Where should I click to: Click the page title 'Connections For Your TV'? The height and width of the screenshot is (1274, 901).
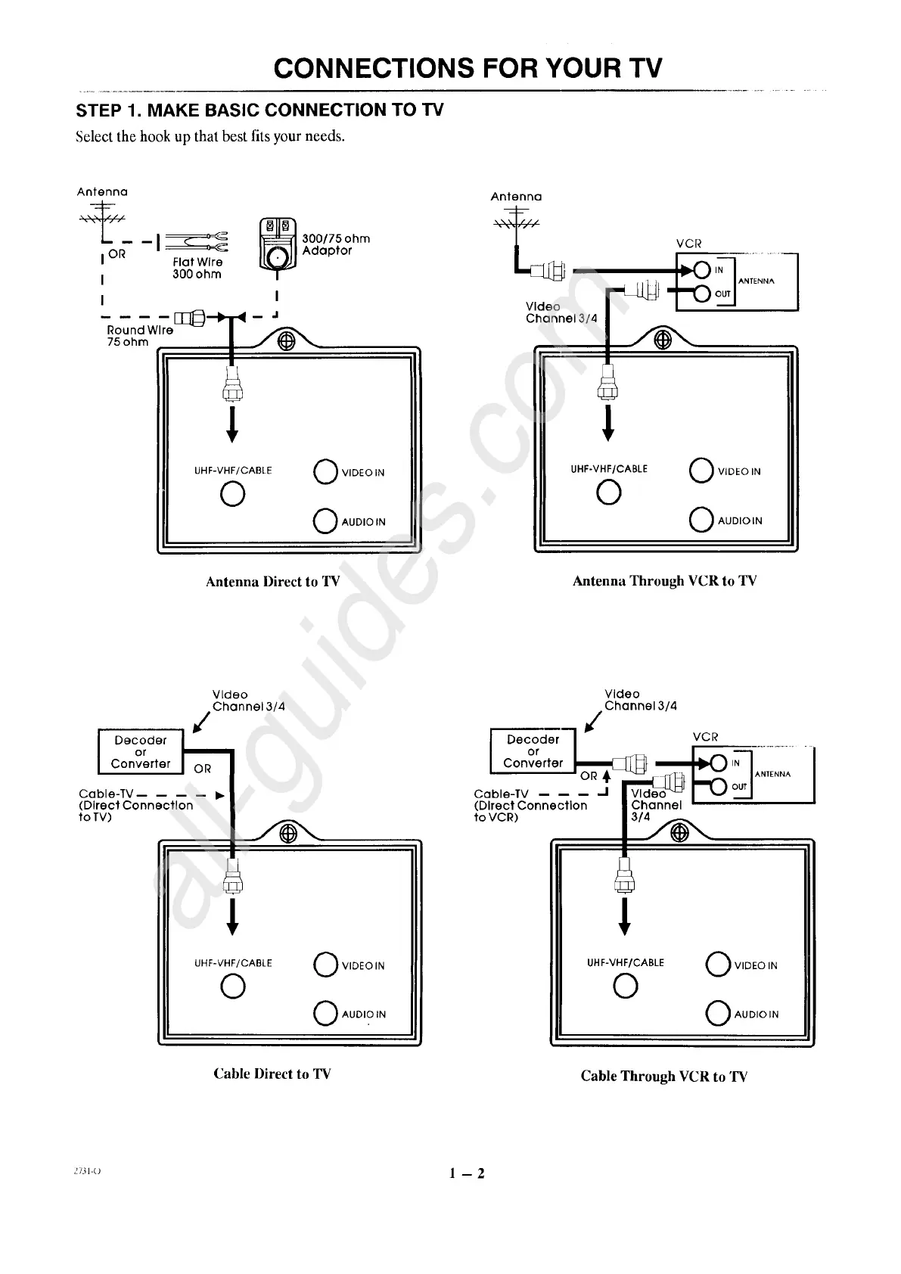pyautogui.click(x=468, y=68)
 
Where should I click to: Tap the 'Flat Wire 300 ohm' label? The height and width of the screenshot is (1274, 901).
pyautogui.click(x=197, y=268)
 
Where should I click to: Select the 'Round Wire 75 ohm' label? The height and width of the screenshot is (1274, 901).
pyautogui.click(x=140, y=336)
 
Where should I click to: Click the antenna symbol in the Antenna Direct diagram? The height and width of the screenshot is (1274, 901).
pyautogui.click(x=102, y=216)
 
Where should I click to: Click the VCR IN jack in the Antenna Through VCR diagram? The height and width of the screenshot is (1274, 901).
pyautogui.click(x=701, y=270)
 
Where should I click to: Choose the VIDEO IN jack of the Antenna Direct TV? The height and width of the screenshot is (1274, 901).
pyautogui.click(x=325, y=471)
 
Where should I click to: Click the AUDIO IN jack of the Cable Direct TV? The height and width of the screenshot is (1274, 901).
pyautogui.click(x=325, y=1013)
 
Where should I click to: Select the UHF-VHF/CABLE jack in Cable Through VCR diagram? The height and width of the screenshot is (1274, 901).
pyautogui.click(x=626, y=986)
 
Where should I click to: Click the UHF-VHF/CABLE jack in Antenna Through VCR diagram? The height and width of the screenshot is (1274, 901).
pyautogui.click(x=609, y=493)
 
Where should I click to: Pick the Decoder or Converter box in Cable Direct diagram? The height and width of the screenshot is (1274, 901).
pyautogui.click(x=141, y=751)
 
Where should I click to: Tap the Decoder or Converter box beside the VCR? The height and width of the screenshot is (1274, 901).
pyautogui.click(x=533, y=751)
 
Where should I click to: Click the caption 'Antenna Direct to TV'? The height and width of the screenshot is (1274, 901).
pyautogui.click(x=272, y=582)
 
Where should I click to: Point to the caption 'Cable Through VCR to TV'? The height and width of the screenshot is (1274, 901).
pyautogui.click(x=663, y=1076)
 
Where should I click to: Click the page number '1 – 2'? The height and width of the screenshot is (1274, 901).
pyautogui.click(x=466, y=1173)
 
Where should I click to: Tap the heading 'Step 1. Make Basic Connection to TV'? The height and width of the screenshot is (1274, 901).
pyautogui.click(x=259, y=110)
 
